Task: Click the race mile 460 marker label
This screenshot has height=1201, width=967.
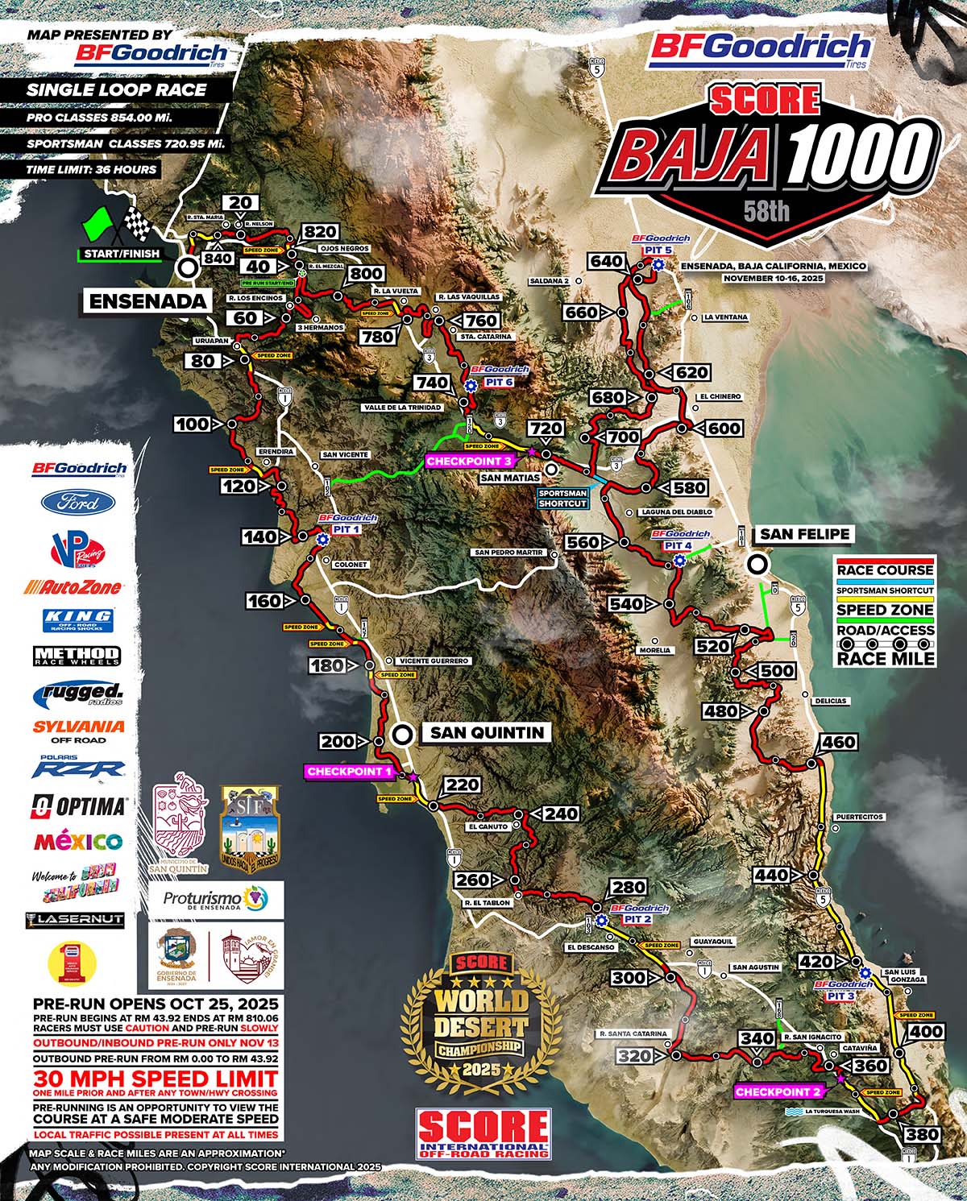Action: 839,742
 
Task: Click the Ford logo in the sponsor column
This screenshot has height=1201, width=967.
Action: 78,503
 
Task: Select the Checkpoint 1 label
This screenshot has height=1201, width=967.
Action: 350,771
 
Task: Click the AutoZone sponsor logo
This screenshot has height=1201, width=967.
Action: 73,586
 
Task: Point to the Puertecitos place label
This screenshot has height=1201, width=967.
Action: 860,817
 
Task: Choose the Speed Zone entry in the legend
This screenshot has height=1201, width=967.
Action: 885,610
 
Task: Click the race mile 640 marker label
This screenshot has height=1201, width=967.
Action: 607,261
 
